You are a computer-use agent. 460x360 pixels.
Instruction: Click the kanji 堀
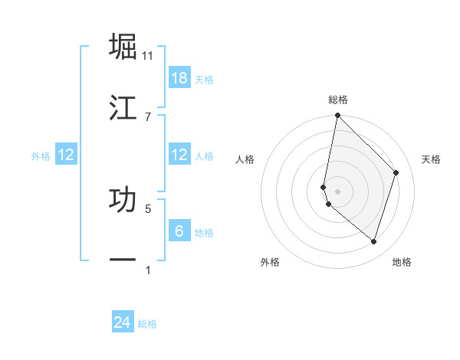123,47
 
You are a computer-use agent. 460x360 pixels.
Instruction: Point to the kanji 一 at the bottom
123,260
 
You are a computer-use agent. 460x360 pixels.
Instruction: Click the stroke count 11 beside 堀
148,56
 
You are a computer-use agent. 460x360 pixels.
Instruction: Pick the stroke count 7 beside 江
148,116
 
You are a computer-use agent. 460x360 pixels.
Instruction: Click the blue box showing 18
179,78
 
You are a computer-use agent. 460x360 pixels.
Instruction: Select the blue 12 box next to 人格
179,155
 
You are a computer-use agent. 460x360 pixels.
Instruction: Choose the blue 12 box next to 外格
66,155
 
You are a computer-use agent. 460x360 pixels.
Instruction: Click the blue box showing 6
179,231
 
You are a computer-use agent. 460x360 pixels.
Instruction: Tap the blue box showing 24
123,322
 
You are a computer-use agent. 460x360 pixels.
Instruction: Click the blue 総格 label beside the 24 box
147,324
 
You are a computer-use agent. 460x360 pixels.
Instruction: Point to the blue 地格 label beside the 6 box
204,233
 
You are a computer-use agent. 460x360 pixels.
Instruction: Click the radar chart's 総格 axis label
338,100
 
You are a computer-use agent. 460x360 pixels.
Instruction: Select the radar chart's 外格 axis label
270,262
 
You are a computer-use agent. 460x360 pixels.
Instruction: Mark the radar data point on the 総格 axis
337,116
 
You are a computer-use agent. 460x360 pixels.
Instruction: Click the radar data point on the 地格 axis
373,241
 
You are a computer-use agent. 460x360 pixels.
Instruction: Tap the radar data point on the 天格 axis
396,172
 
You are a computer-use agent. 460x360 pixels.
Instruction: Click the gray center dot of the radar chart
337,191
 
